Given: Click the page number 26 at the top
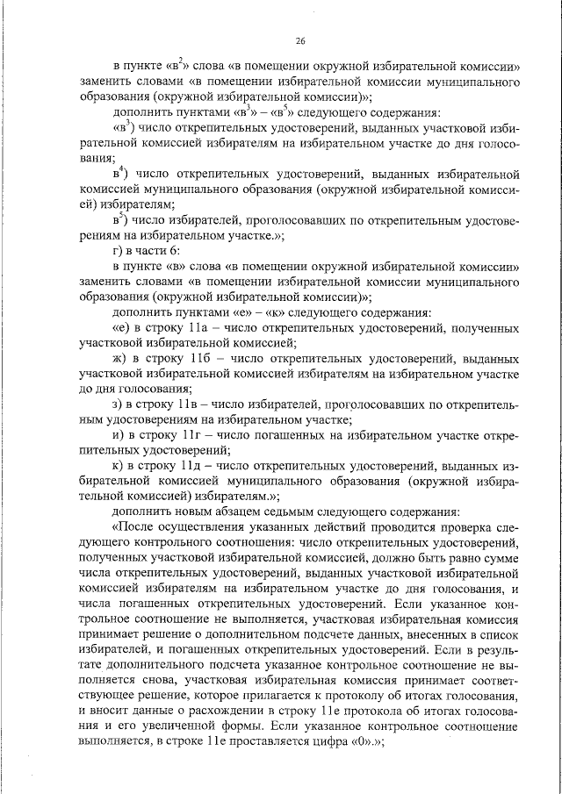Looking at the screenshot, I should coord(300,40).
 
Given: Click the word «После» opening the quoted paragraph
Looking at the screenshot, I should coord(133,528).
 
